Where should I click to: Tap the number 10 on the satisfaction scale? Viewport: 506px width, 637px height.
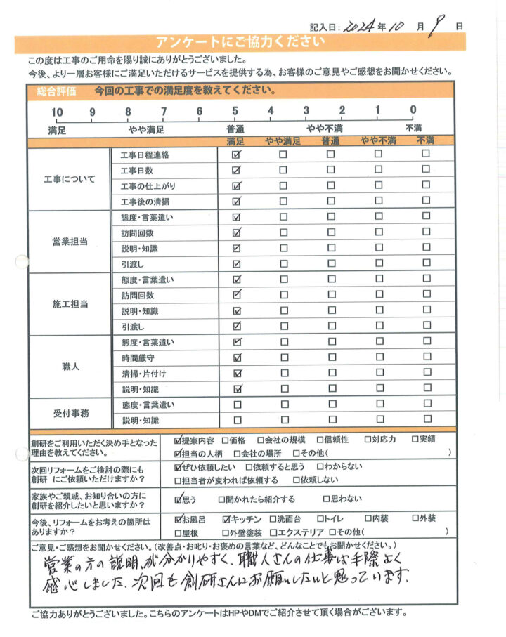point(57,111)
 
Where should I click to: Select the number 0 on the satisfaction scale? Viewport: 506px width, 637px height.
point(413,110)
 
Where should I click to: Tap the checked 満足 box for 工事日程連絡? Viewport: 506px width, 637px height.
point(237,155)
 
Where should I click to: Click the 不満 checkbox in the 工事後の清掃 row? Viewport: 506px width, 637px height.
point(425,202)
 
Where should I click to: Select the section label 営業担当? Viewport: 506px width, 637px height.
point(70,241)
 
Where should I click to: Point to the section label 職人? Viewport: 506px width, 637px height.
point(70,366)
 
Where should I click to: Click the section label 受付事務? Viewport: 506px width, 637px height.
point(70,413)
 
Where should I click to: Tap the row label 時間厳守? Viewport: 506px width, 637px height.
point(137,358)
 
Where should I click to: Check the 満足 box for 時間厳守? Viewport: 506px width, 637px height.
point(237,358)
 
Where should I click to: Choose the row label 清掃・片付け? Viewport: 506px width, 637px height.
point(143,374)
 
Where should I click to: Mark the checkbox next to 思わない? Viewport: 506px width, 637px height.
point(325,499)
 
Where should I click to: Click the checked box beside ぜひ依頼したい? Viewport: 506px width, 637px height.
point(177,466)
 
